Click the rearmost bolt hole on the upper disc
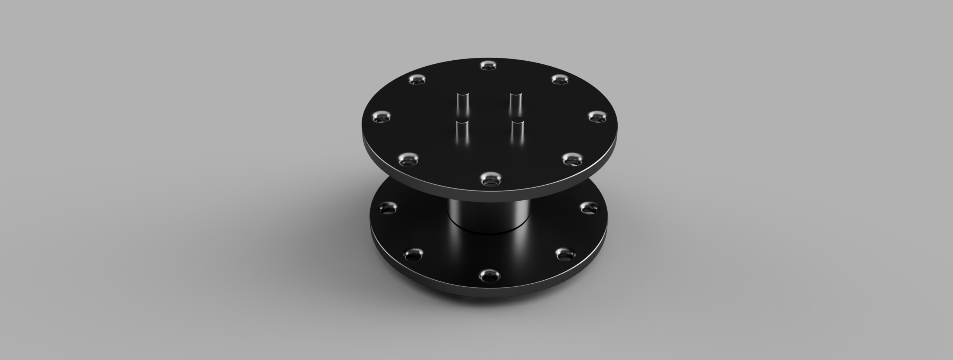click(489, 66)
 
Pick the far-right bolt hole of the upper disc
click(597, 117)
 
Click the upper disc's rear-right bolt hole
click(560, 79)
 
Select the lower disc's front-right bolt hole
click(566, 255)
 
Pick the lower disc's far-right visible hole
click(589, 208)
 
